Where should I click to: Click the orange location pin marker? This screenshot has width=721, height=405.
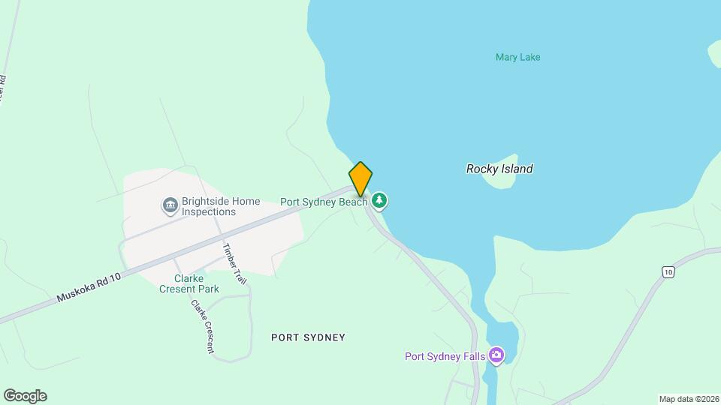pyautogui.click(x=360, y=178)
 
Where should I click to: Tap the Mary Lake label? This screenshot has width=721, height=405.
pyautogui.click(x=517, y=57)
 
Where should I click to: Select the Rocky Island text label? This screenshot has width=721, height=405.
pyautogui.click(x=499, y=169)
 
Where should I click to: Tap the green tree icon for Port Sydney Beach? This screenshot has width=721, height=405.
pyautogui.click(x=381, y=200)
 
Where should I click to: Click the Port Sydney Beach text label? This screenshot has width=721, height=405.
pyautogui.click(x=324, y=201)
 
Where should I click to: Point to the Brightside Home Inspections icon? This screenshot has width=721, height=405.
pyautogui.click(x=170, y=205)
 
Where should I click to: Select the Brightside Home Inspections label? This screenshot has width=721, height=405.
pyautogui.click(x=221, y=206)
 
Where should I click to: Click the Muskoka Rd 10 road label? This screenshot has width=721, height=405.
pyautogui.click(x=89, y=289)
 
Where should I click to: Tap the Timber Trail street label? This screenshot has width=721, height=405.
pyautogui.click(x=234, y=263)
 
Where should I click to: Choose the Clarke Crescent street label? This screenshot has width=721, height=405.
pyautogui.click(x=202, y=326)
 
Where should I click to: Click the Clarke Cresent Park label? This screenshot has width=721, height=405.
pyautogui.click(x=188, y=283)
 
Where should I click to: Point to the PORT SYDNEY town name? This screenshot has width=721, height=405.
pyautogui.click(x=308, y=337)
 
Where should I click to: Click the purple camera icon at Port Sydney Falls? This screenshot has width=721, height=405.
pyautogui.click(x=496, y=355)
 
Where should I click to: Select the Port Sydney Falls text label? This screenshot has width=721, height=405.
pyautogui.click(x=445, y=356)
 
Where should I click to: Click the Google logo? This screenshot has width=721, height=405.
pyautogui.click(x=25, y=396)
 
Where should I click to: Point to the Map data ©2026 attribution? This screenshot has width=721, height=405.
pyautogui.click(x=689, y=399)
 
